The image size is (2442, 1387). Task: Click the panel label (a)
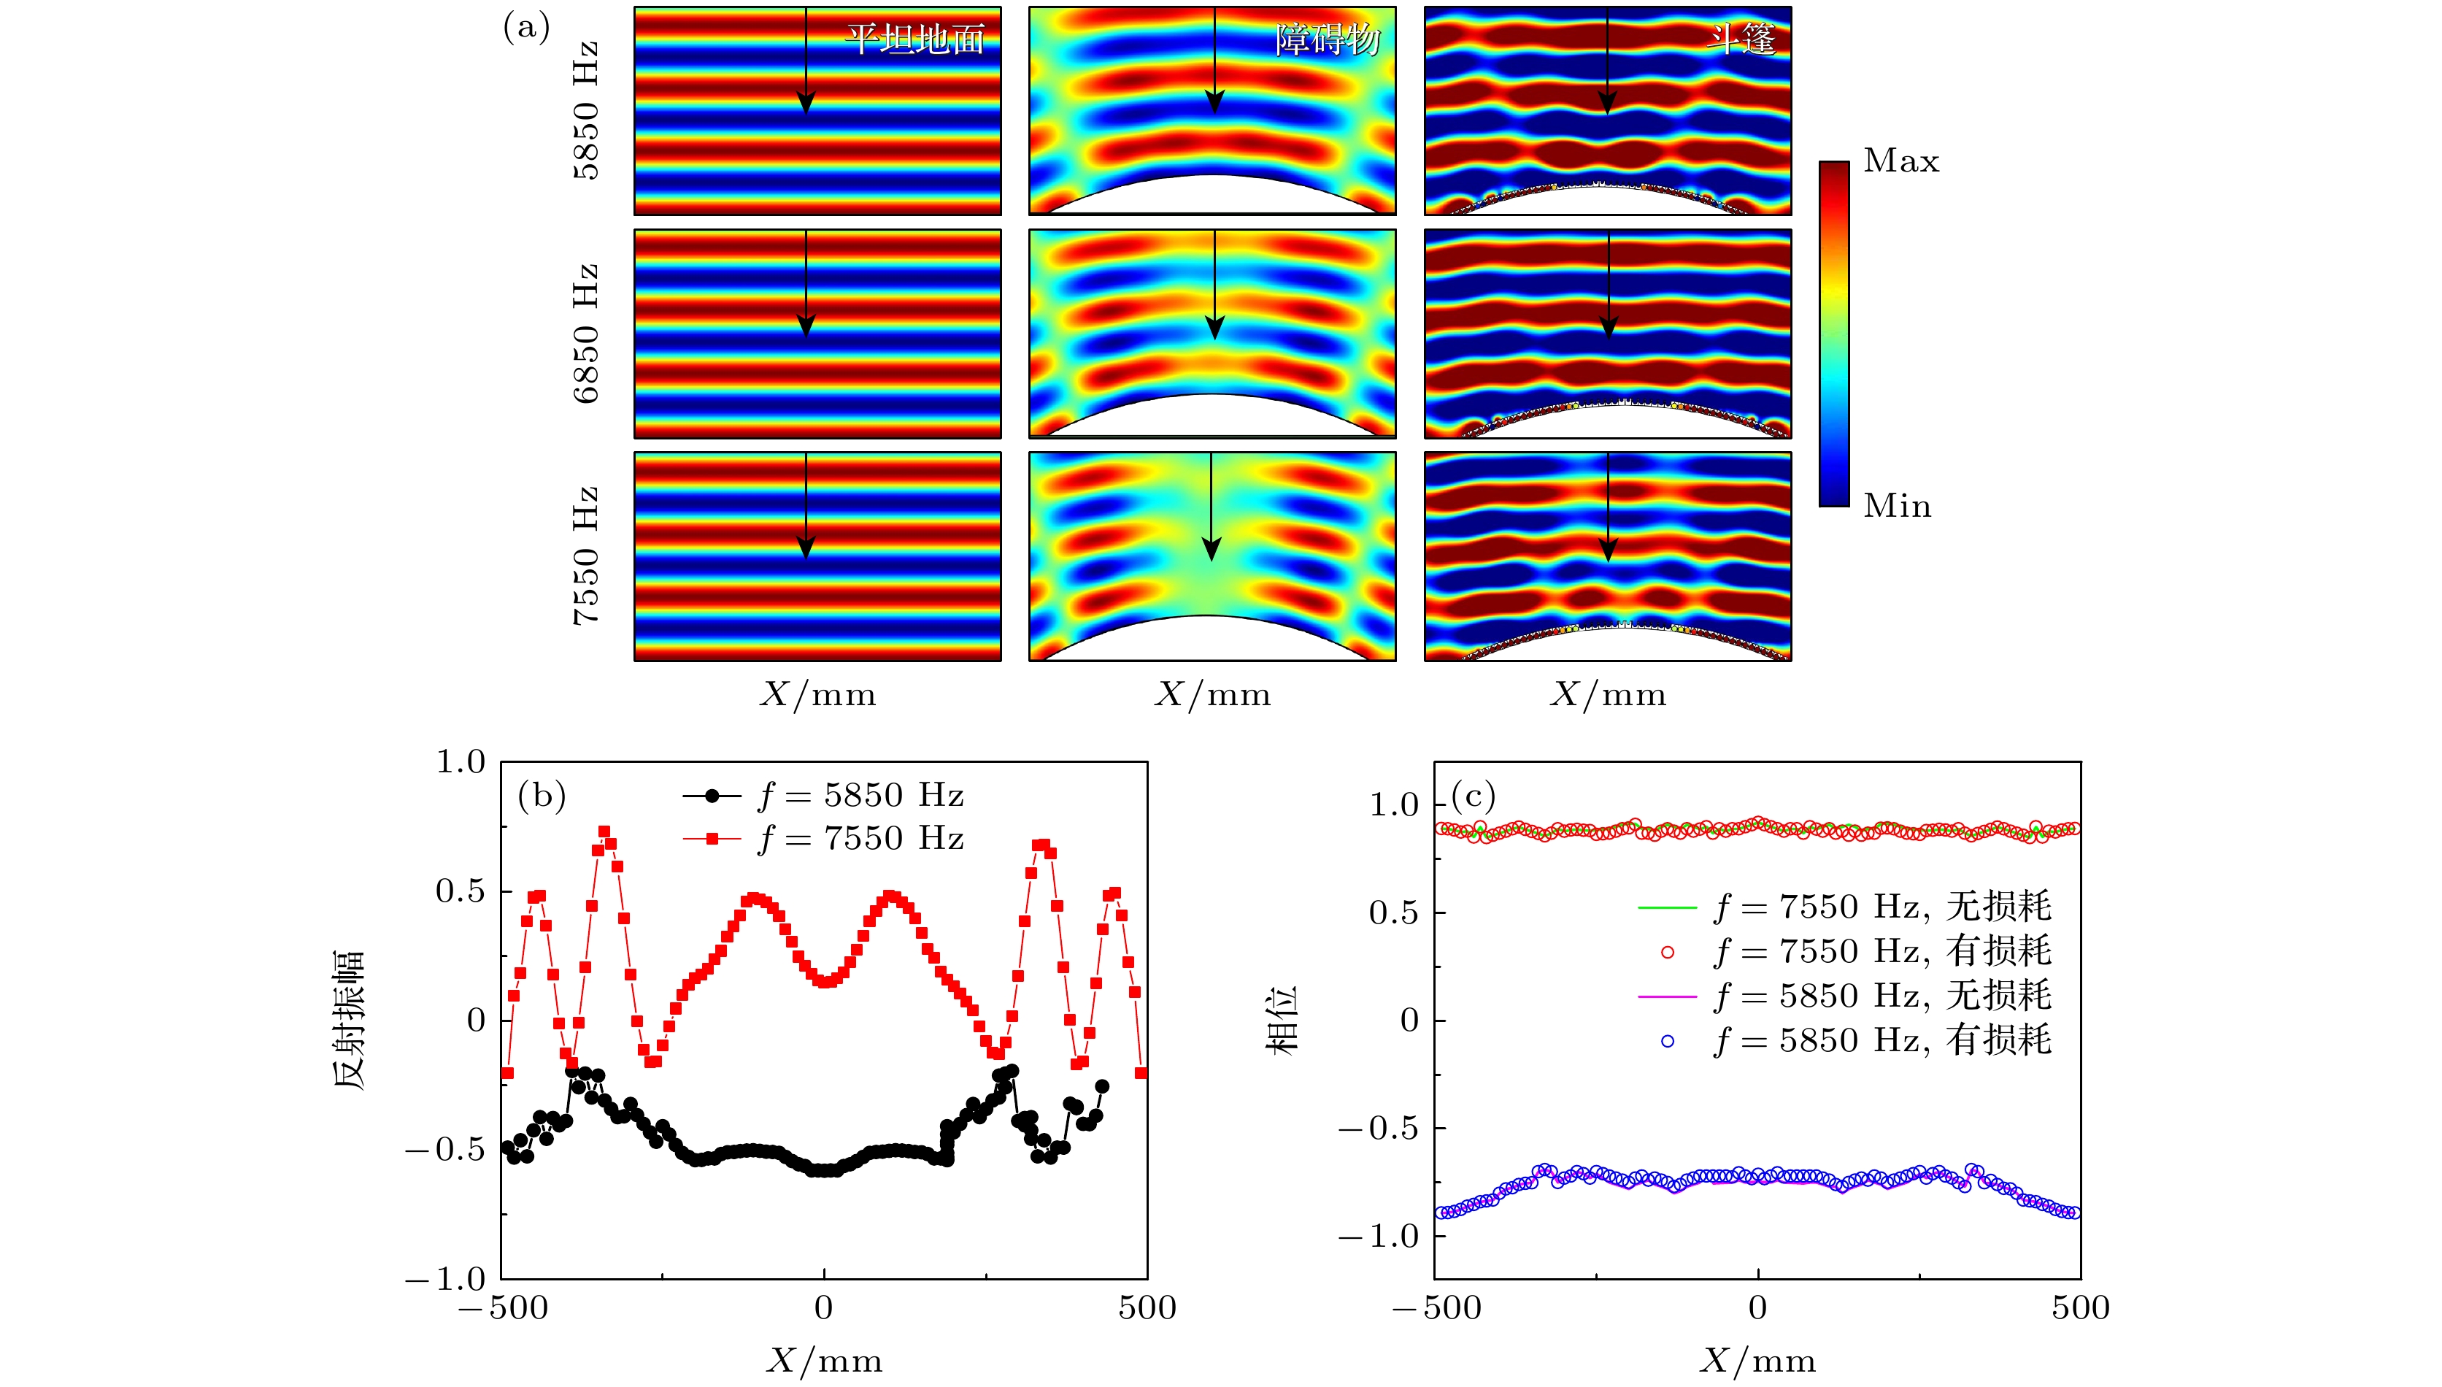point(525,28)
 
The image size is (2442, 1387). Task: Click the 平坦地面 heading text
point(914,39)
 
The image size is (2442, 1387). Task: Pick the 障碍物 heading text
point(1328,39)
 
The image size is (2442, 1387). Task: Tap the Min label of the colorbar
point(1898,506)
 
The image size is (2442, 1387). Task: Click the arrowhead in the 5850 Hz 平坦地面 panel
point(806,103)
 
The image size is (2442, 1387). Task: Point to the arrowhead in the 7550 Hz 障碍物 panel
point(1211,549)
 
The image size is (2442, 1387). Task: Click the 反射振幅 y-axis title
point(349,1019)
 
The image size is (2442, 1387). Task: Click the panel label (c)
point(1473,794)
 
